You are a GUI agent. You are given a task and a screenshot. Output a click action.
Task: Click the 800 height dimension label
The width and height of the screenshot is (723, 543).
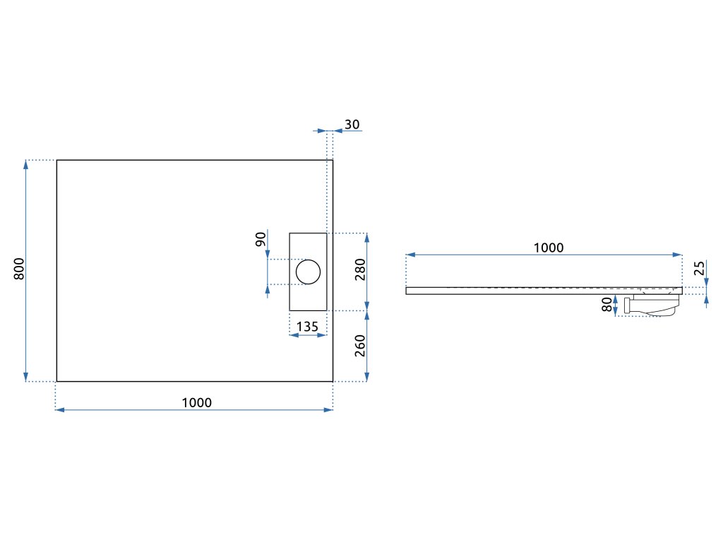click(20, 269)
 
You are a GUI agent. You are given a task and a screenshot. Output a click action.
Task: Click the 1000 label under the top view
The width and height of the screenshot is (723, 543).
click(196, 402)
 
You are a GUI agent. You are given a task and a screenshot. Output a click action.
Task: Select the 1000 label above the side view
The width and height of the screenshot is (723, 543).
click(549, 247)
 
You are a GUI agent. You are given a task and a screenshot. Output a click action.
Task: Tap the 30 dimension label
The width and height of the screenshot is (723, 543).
click(352, 124)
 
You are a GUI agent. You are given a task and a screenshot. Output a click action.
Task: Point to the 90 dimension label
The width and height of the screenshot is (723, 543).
click(261, 239)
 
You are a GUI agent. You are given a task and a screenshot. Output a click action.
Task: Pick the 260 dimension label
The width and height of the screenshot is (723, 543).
click(359, 346)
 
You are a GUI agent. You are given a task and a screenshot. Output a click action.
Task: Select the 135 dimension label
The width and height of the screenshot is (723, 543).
click(307, 327)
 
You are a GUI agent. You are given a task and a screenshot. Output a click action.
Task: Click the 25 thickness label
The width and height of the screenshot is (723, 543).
click(699, 269)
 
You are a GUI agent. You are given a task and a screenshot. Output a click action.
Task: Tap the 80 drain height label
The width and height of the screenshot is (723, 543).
click(607, 305)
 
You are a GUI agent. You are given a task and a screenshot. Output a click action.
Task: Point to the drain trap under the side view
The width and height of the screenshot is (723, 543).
click(651, 305)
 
